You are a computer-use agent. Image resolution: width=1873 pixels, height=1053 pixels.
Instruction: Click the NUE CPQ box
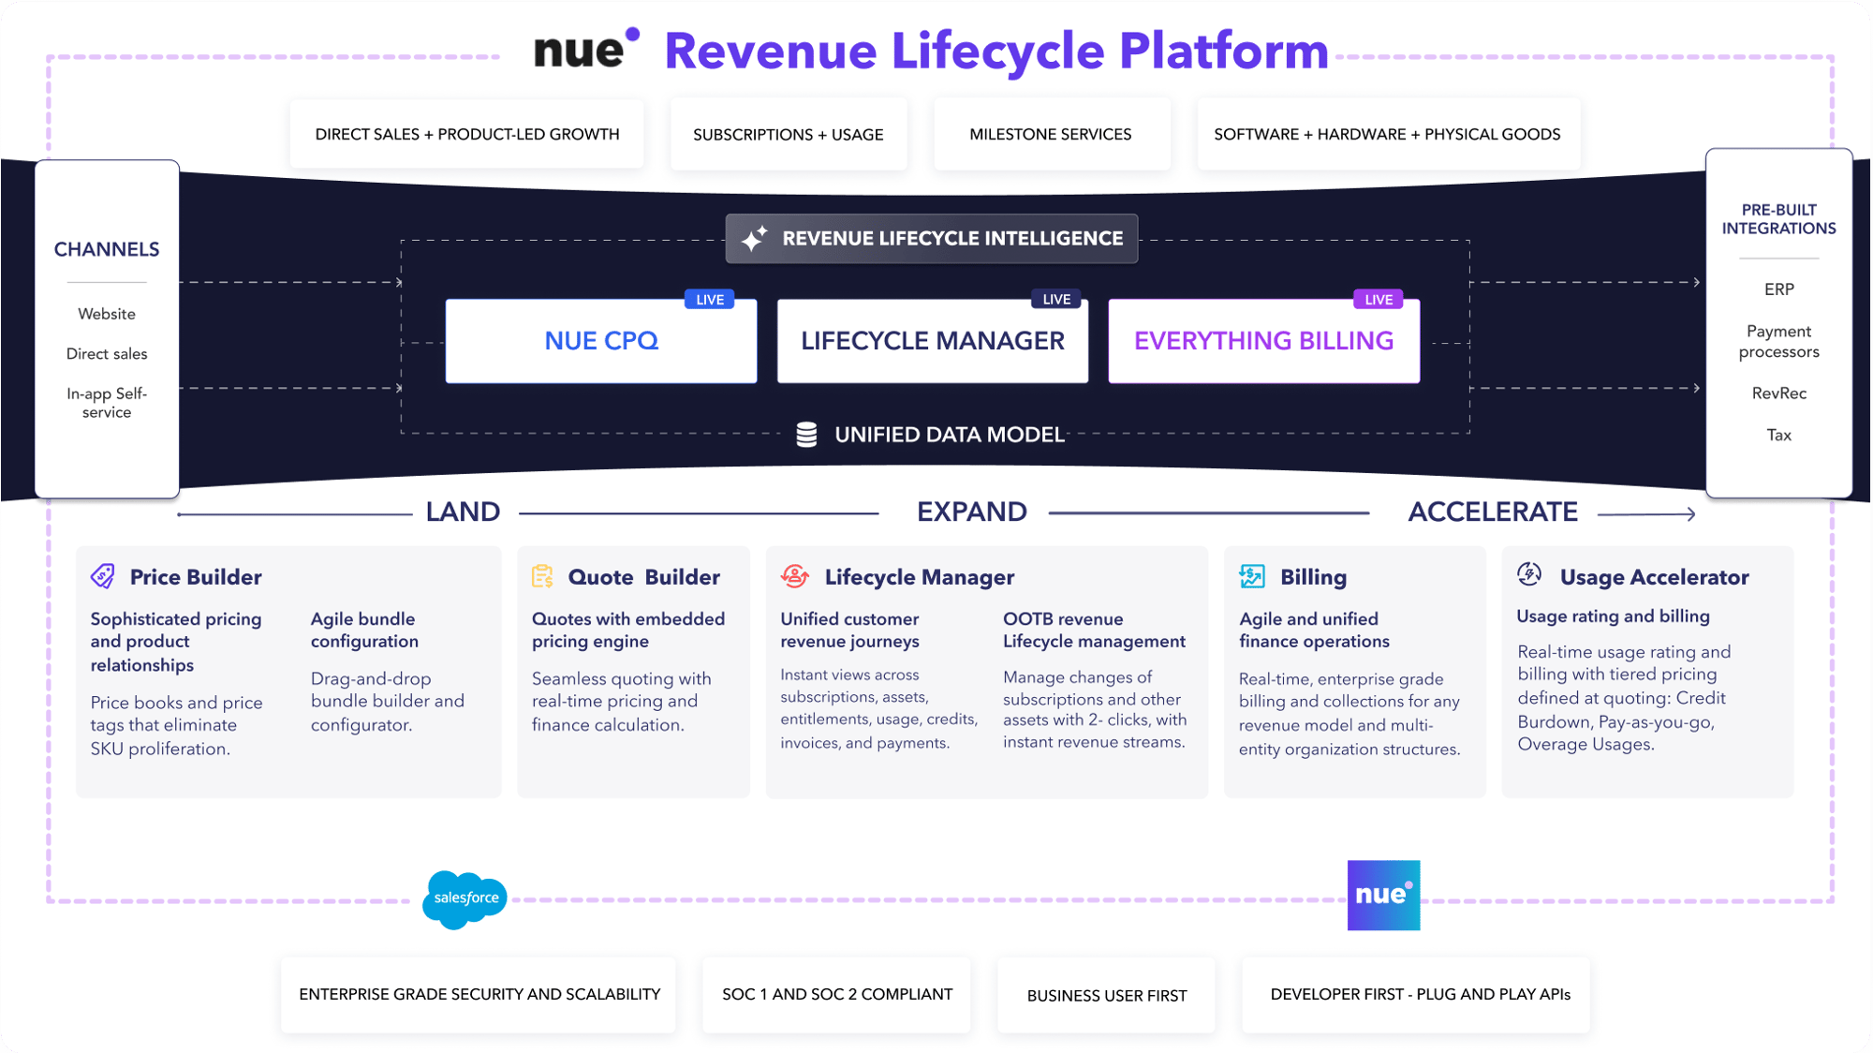pyautogui.click(x=601, y=341)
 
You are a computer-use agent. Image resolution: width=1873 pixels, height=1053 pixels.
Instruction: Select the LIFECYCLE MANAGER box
pyautogui.click(x=933, y=341)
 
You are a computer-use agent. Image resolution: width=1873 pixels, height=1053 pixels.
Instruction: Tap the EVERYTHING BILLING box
pyautogui.click(x=1263, y=341)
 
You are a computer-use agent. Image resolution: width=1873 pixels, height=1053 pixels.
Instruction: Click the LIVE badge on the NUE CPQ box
pyautogui.click(x=710, y=300)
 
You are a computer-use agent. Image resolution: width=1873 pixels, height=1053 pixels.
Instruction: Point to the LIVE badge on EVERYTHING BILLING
pyautogui.click(x=1379, y=300)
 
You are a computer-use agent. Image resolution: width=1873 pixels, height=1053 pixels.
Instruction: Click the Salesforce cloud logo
pyautogui.click(x=465, y=898)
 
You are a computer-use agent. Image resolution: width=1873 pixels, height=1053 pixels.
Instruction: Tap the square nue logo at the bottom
pyautogui.click(x=1383, y=895)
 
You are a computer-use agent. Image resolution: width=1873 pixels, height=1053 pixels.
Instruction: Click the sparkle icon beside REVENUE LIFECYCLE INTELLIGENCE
pyautogui.click(x=754, y=239)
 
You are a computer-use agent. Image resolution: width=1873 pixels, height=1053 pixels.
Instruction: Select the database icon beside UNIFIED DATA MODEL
pyautogui.click(x=806, y=435)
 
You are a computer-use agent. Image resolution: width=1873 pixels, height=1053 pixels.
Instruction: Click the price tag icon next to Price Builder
pyautogui.click(x=103, y=576)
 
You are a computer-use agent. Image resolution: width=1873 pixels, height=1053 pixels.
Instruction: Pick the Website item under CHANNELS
pyautogui.click(x=107, y=314)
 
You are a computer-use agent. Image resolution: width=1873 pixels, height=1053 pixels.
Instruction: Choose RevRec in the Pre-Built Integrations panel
pyautogui.click(x=1778, y=393)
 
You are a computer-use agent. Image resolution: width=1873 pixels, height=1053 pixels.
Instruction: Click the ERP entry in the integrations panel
pyautogui.click(x=1778, y=289)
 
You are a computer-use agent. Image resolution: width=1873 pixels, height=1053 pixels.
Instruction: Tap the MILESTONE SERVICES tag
pyautogui.click(x=1051, y=135)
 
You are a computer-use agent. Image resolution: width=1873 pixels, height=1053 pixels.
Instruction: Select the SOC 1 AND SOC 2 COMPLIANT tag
pyautogui.click(x=836, y=995)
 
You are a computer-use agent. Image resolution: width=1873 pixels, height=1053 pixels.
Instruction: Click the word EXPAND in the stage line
pyautogui.click(x=971, y=512)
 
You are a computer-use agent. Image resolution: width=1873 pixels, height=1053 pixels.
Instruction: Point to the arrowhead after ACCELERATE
pyautogui.click(x=1689, y=513)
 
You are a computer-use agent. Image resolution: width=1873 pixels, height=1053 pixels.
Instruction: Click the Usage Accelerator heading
pyautogui.click(x=1654, y=577)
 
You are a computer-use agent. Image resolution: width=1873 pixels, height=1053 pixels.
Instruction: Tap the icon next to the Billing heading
pyautogui.click(x=1252, y=576)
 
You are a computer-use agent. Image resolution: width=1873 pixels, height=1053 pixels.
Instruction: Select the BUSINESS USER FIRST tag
pyautogui.click(x=1106, y=996)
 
